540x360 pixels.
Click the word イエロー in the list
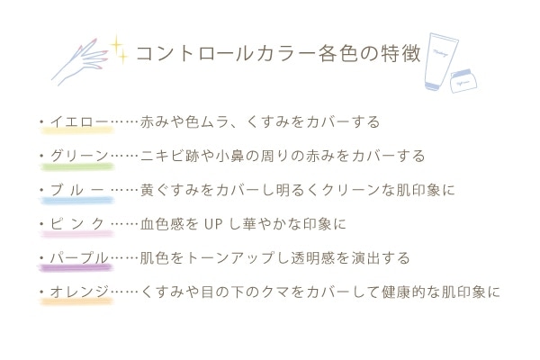click(79, 121)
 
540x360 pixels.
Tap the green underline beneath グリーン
click(77, 167)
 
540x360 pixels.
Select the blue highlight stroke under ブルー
click(77, 201)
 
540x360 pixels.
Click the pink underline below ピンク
click(77, 234)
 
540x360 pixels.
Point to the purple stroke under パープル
click(76, 267)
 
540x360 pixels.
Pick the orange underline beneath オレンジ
click(76, 301)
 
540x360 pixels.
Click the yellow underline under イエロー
click(77, 130)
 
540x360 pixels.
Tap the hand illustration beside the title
click(80, 62)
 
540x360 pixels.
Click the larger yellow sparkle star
click(116, 45)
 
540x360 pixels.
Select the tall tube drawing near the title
click(440, 61)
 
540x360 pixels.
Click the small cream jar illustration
click(463, 81)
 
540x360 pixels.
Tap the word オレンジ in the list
click(79, 292)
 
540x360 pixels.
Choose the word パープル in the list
click(79, 257)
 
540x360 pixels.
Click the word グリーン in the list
click(79, 156)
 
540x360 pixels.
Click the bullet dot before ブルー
click(42, 190)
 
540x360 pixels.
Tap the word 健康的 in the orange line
click(403, 292)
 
